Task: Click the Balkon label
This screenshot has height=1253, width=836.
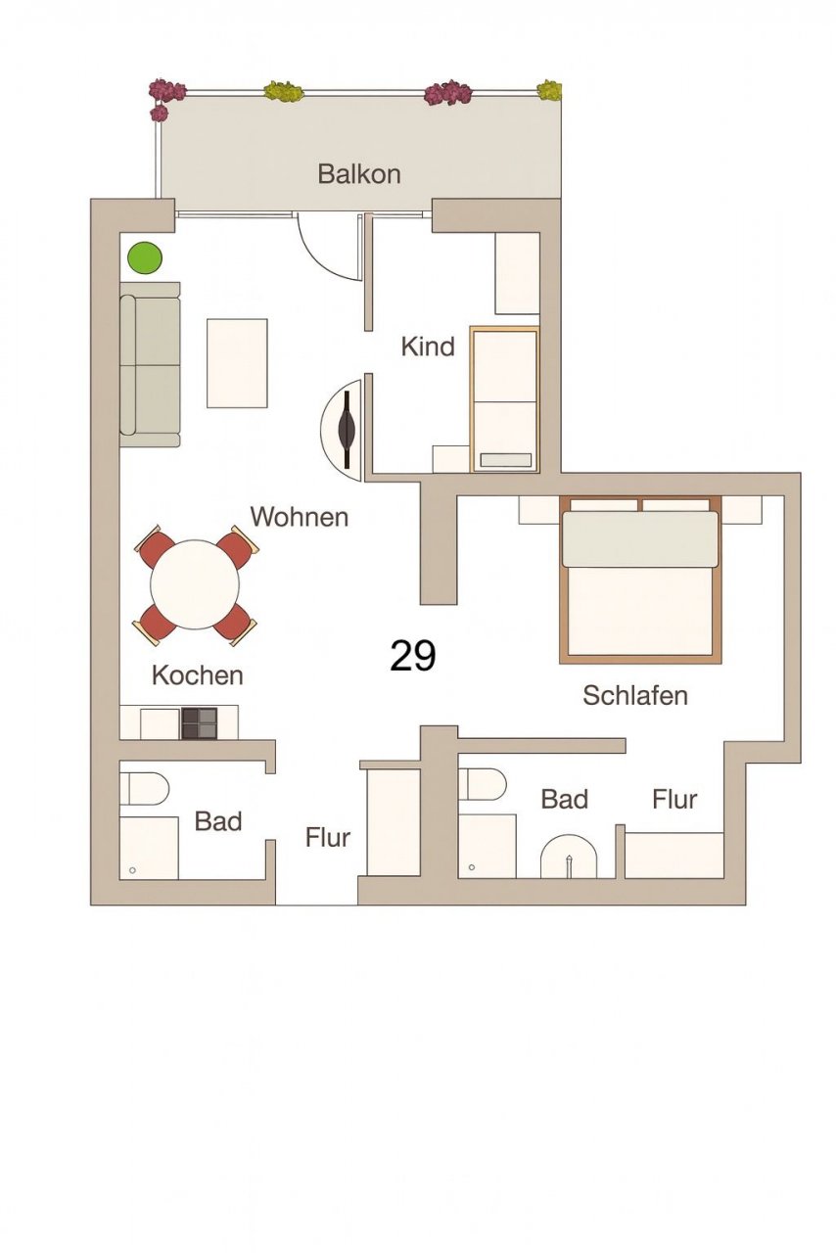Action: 358,174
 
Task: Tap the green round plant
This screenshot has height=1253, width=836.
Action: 144,257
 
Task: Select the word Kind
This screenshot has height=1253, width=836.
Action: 428,347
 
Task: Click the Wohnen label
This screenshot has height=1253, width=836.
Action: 299,517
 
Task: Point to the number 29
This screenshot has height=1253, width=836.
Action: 412,656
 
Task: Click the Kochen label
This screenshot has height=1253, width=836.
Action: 198,675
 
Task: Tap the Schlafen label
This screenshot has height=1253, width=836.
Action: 635,695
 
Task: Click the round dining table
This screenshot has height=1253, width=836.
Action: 195,584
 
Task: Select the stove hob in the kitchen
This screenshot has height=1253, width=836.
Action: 199,723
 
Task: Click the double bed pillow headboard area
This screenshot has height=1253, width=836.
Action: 639,538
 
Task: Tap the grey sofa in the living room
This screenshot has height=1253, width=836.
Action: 150,364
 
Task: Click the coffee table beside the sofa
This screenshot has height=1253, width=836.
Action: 237,363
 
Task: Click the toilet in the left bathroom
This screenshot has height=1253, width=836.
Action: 146,790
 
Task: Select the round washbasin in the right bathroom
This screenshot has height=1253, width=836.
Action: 569,857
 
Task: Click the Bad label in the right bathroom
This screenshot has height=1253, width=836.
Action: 564,800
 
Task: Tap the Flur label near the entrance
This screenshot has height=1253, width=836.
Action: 327,837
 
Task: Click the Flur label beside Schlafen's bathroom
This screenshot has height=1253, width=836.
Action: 674,800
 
